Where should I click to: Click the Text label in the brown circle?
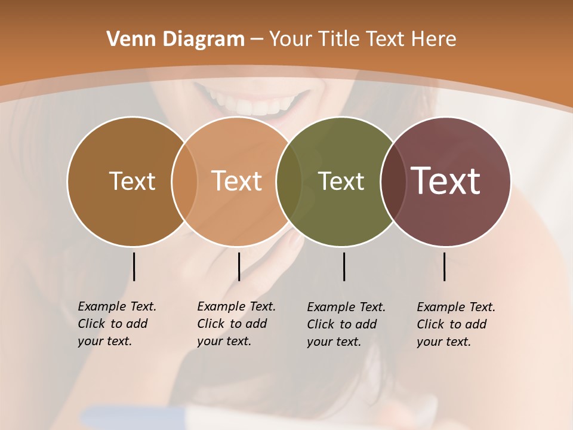(132, 181)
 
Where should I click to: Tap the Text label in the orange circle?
(237, 181)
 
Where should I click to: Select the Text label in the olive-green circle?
(341, 181)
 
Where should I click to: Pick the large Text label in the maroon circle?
(446, 181)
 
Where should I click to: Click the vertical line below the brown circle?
(134, 266)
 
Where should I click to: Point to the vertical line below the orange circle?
(239, 266)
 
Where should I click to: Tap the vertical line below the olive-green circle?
(344, 266)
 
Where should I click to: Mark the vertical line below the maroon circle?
(444, 266)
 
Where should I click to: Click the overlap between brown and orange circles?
(184, 181)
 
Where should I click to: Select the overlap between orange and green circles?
(289, 181)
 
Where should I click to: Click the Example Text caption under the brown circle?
(117, 324)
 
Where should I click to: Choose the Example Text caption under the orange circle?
(236, 324)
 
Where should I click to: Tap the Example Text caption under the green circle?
(346, 324)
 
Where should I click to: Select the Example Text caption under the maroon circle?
(456, 324)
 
